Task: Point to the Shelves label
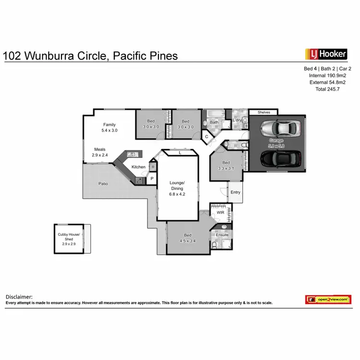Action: coord(264,112)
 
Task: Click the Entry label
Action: coord(235,192)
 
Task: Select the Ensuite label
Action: coord(222,235)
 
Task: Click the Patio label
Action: coord(103,183)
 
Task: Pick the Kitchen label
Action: coord(139,167)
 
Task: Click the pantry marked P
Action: coord(152,179)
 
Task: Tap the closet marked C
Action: coord(206,137)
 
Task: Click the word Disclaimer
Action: coord(19,297)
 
